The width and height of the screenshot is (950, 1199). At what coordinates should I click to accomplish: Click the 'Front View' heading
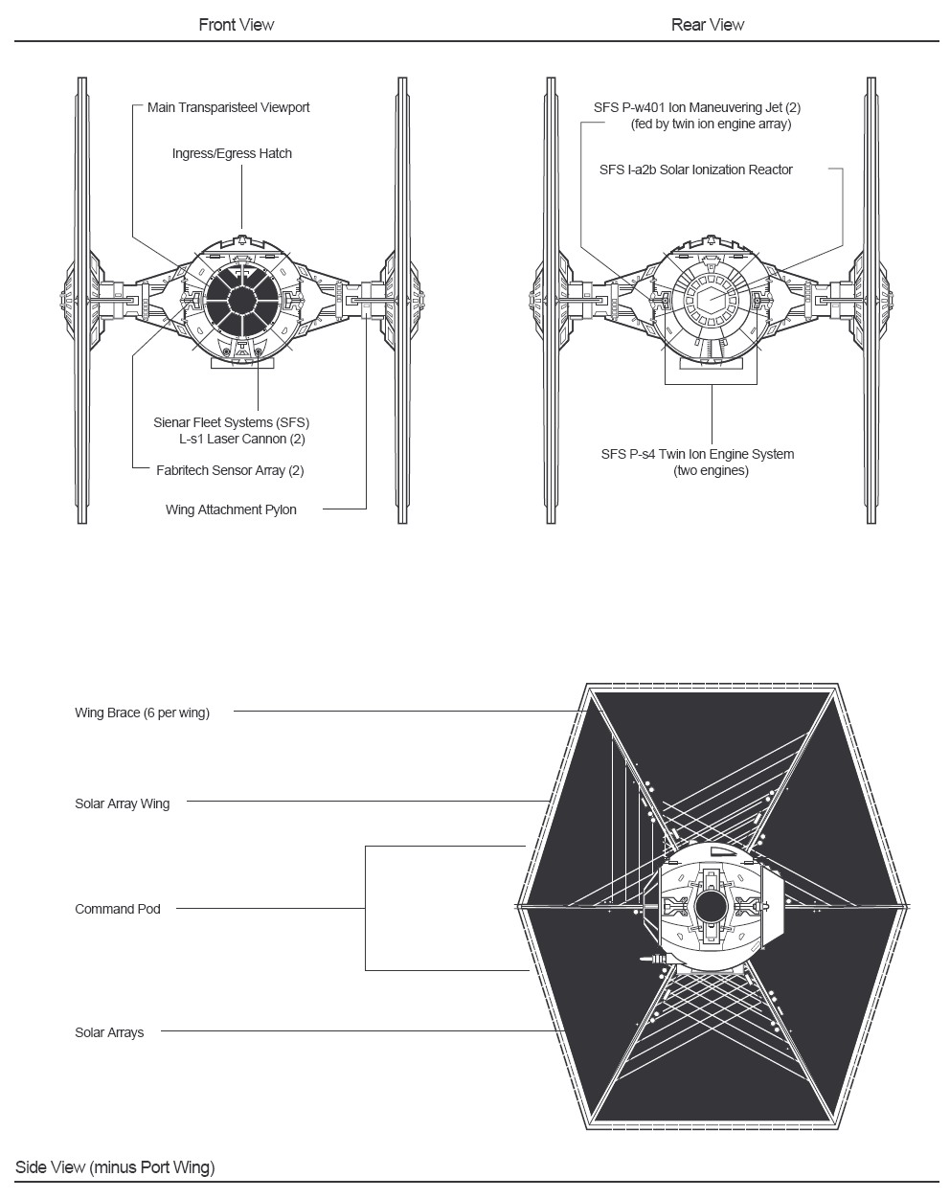tap(237, 25)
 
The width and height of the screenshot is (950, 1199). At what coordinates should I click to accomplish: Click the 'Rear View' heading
tap(707, 25)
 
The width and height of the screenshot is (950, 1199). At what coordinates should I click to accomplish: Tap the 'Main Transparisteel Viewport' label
tap(228, 107)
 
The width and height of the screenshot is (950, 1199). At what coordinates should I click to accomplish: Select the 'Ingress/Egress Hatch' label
tap(232, 153)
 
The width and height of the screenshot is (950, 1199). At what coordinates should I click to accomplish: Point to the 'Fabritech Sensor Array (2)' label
tap(230, 470)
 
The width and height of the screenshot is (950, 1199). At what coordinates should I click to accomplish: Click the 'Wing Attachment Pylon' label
tap(231, 509)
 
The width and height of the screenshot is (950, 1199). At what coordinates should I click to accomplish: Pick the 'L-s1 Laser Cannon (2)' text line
tap(242, 439)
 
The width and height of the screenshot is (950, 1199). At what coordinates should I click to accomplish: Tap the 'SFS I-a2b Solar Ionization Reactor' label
tap(695, 170)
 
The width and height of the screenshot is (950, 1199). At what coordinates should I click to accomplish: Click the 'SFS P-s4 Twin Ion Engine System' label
tap(697, 454)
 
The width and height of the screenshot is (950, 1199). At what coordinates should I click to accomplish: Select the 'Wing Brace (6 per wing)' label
tap(142, 713)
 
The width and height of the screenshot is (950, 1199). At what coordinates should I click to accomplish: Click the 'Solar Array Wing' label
tap(122, 803)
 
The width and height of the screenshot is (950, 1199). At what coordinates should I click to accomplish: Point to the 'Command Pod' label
tap(118, 909)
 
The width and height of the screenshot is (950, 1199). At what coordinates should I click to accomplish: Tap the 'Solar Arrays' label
tap(109, 1032)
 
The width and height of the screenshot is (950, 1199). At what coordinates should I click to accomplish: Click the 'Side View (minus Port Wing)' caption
tap(115, 1167)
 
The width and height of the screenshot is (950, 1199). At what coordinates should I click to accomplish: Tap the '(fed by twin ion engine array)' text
tap(711, 124)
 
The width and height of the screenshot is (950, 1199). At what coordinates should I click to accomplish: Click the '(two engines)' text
tap(711, 470)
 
